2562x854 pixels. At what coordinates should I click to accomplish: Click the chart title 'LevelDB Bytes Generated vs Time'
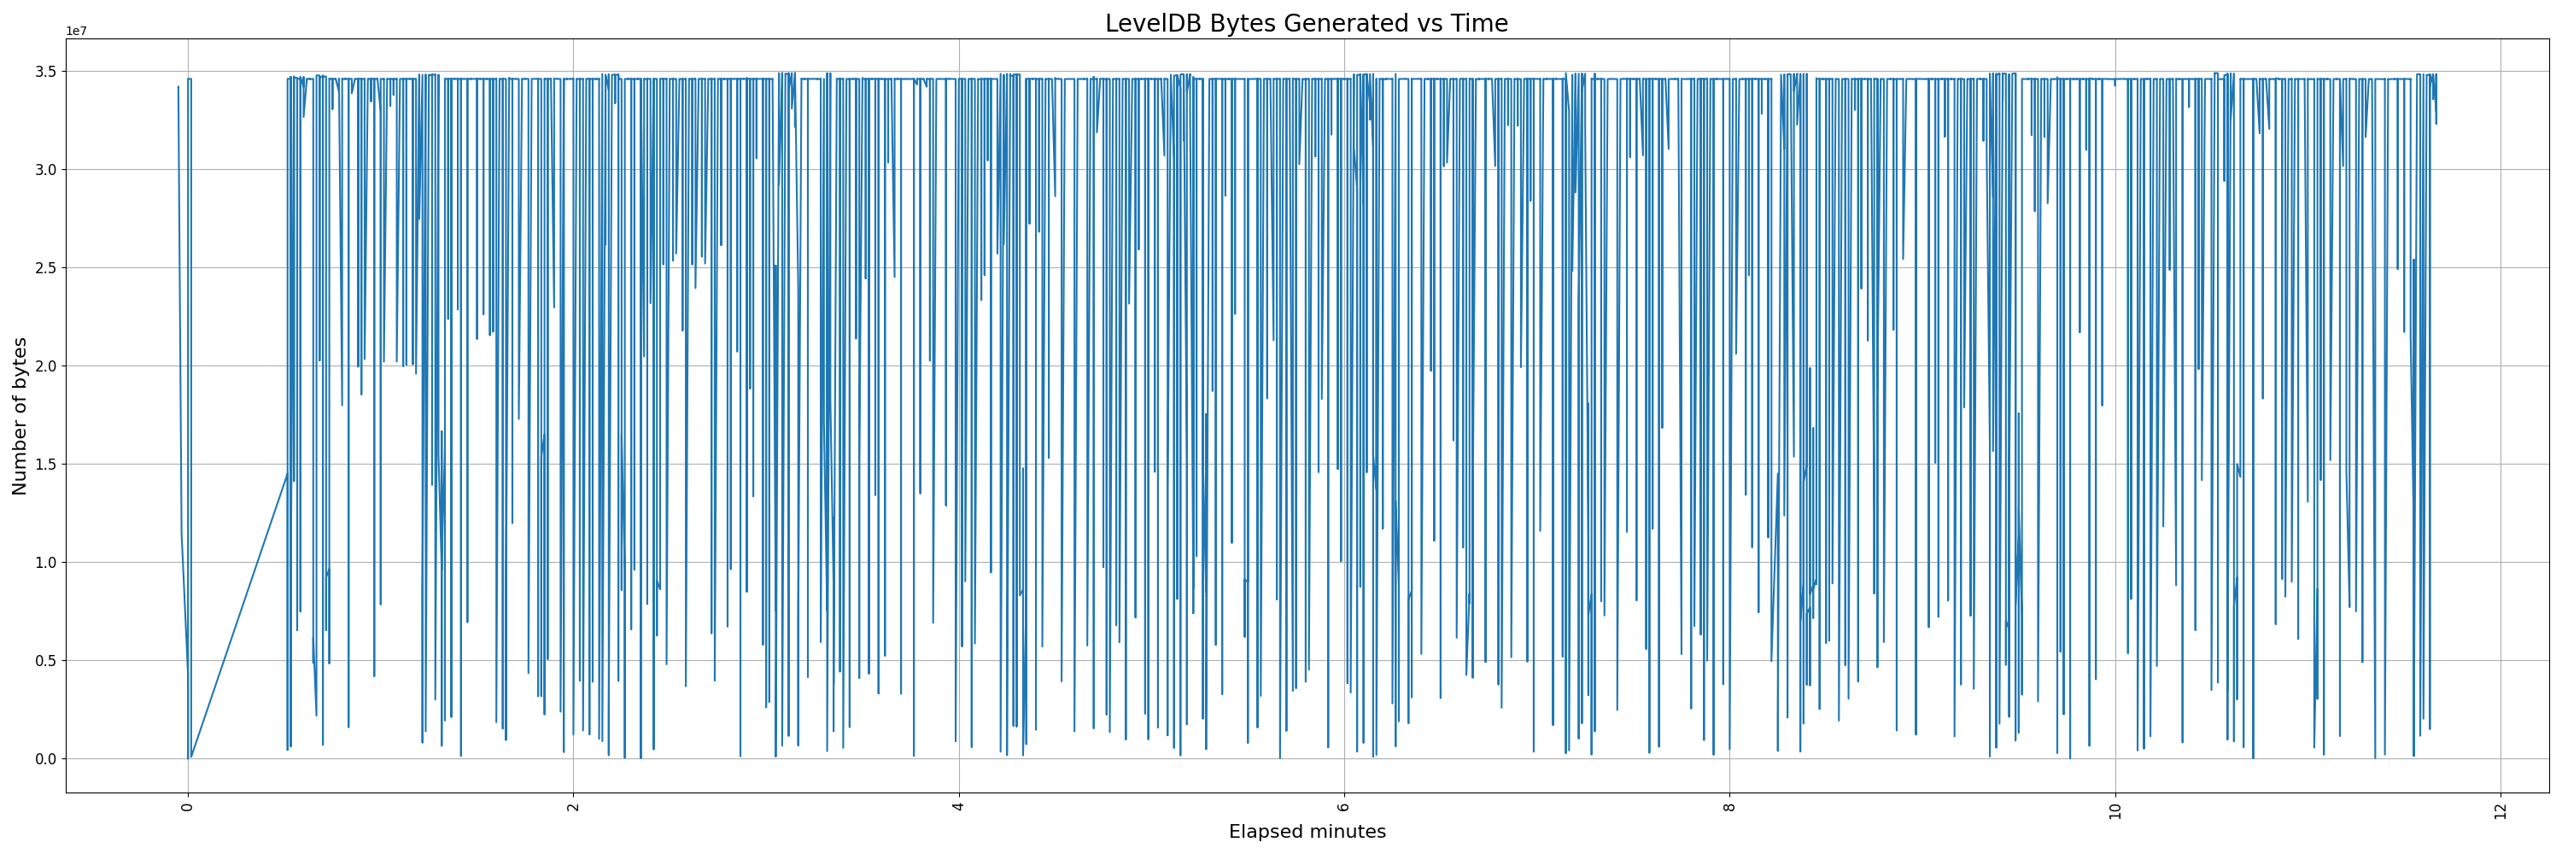pyautogui.click(x=1306, y=24)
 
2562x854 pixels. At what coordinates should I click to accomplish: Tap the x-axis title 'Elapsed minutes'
pyautogui.click(x=1307, y=832)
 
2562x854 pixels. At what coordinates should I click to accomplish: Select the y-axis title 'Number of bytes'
pyautogui.click(x=20, y=416)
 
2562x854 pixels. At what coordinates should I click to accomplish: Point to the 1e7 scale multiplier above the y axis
pyautogui.click(x=77, y=32)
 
